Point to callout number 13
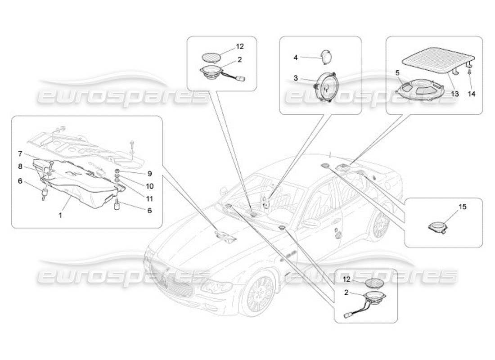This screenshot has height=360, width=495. click(455, 94)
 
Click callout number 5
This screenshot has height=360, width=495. click(398, 72)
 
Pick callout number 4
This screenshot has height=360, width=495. click(296, 57)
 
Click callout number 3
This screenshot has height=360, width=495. click(296, 78)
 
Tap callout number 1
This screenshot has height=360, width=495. click(60, 216)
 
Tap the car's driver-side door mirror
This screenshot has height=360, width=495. click(310, 222)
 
